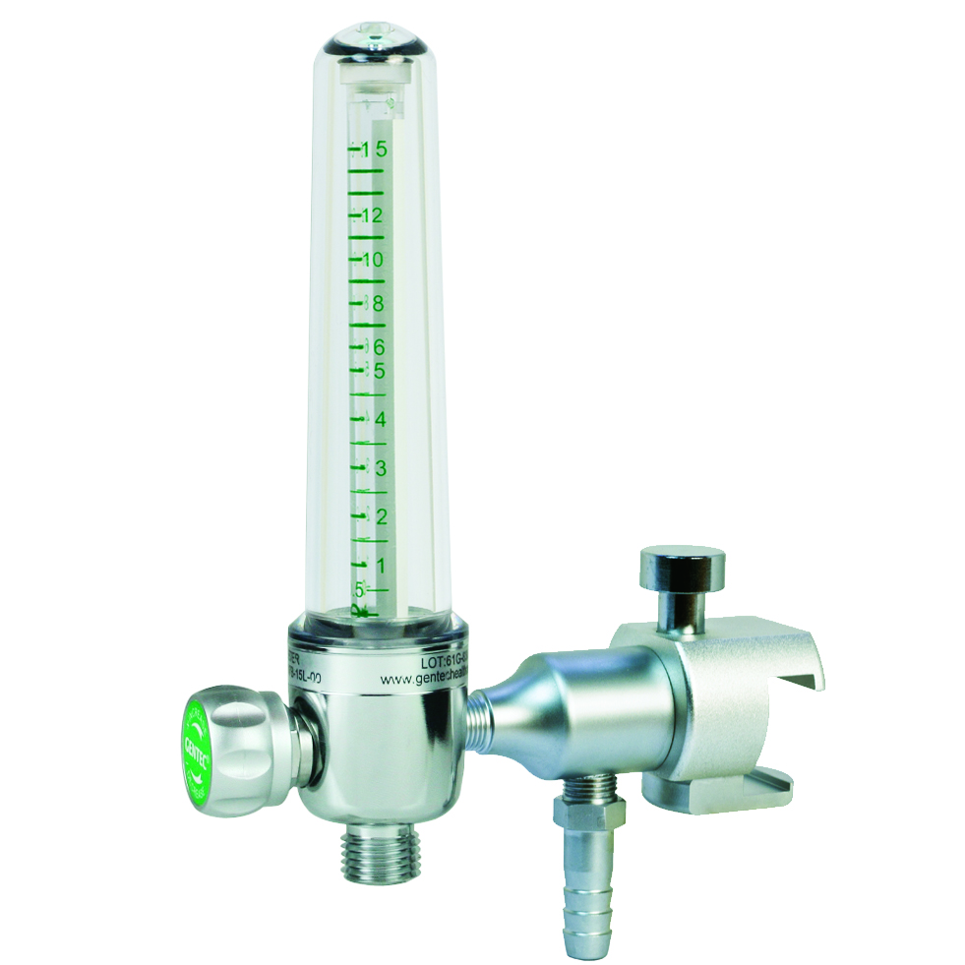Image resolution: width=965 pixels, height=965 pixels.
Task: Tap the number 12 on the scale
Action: [x=372, y=215]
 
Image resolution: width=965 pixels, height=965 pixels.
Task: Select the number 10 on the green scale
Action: [x=371, y=260]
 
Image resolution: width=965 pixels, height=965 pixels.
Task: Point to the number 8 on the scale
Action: [x=377, y=303]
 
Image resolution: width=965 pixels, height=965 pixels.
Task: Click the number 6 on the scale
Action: [x=377, y=347]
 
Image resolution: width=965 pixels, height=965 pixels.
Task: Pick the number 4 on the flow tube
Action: [x=379, y=420]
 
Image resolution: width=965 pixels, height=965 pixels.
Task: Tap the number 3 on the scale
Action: [x=379, y=467]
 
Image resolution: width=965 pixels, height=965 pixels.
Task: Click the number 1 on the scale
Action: [x=379, y=564]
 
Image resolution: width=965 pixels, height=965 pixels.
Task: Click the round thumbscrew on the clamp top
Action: [x=682, y=568]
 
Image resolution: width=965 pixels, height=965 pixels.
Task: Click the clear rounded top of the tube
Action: [x=376, y=44]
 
